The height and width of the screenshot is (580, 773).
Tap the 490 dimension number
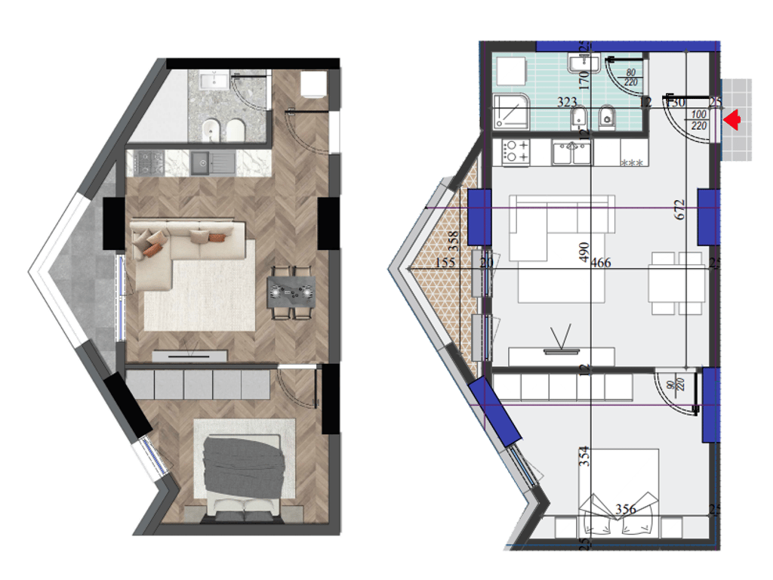(x=583, y=252)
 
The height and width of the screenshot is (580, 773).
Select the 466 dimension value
(x=601, y=263)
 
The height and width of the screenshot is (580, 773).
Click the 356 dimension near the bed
(x=625, y=509)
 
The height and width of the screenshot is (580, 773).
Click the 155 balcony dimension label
(x=447, y=262)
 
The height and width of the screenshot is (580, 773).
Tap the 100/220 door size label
(x=699, y=120)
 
